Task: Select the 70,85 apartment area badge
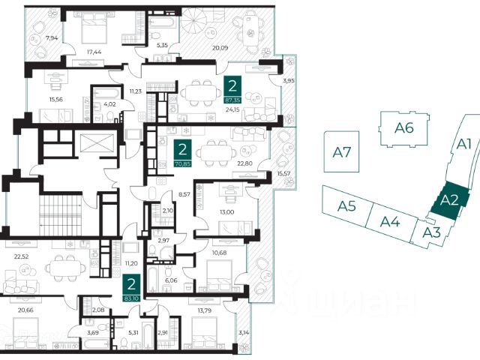[x=181, y=153]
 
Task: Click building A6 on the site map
[x=404, y=128]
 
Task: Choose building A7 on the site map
[x=343, y=152]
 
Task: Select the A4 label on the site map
[x=389, y=220]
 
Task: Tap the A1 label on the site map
[x=464, y=143]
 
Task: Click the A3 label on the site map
[x=431, y=232]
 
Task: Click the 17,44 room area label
[x=94, y=52]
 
